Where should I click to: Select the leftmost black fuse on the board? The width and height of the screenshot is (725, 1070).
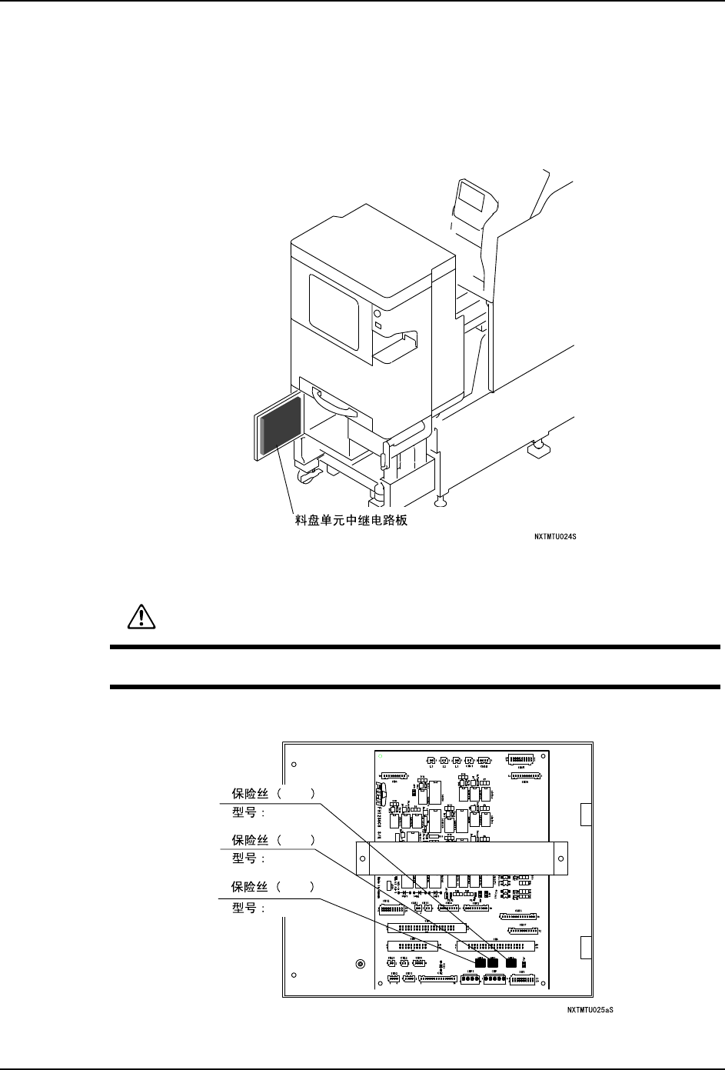click(480, 962)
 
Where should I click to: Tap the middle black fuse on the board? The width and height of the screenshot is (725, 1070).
click(492, 962)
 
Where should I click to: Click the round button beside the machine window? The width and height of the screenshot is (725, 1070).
click(376, 314)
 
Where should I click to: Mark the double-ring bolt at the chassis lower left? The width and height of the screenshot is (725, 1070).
click(359, 965)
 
